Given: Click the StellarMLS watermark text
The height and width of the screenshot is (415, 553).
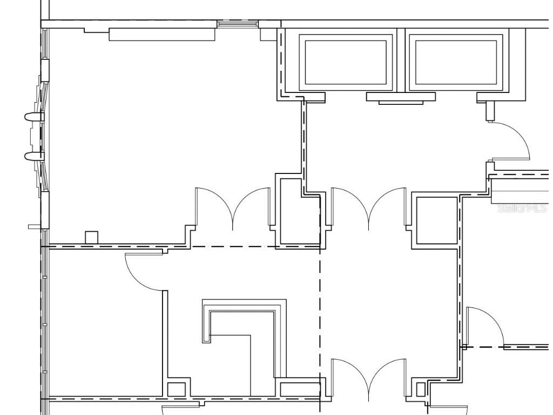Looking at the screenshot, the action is pyautogui.click(x=522, y=208).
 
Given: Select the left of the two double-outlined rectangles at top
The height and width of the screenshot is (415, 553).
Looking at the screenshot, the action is pyautogui.click(x=346, y=63).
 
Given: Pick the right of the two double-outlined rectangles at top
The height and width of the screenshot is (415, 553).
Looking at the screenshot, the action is pyautogui.click(x=456, y=63).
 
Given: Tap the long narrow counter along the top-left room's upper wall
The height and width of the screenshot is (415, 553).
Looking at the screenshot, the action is pyautogui.click(x=162, y=35).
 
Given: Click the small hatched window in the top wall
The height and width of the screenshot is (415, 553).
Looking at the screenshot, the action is pyautogui.click(x=238, y=24).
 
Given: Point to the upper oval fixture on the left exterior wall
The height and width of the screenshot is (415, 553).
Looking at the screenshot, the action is pyautogui.click(x=34, y=117).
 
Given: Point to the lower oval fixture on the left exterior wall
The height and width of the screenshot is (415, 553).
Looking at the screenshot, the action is pyautogui.click(x=34, y=156).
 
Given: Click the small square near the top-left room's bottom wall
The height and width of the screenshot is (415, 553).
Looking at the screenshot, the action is pyautogui.click(x=91, y=238).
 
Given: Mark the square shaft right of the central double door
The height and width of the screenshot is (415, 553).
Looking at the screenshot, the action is pyautogui.click(x=437, y=220).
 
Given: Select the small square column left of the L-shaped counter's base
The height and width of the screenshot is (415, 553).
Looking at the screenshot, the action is pyautogui.click(x=177, y=389).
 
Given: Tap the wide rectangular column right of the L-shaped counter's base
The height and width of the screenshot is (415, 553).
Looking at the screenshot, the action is pyautogui.click(x=300, y=389).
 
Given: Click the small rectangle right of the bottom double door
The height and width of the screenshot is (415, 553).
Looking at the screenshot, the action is pyautogui.click(x=420, y=390).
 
